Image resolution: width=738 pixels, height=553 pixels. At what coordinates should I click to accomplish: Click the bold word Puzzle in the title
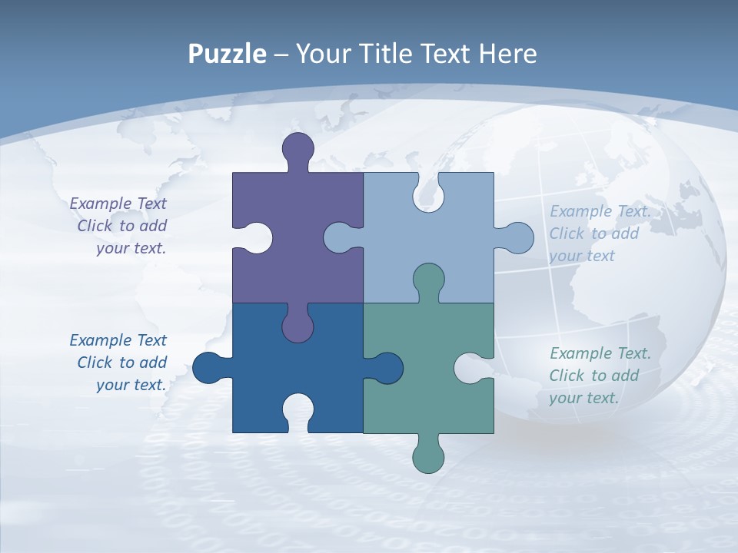(227, 54)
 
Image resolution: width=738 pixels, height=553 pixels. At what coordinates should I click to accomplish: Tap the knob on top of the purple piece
(298, 147)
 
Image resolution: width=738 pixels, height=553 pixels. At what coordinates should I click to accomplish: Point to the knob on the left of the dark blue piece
(208, 368)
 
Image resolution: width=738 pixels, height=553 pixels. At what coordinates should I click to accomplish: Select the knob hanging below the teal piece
(428, 458)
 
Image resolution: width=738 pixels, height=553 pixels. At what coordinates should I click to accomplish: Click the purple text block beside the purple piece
(120, 226)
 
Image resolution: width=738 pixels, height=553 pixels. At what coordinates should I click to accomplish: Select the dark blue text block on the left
(120, 363)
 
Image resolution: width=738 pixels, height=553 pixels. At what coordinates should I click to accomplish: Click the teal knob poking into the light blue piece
(428, 281)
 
